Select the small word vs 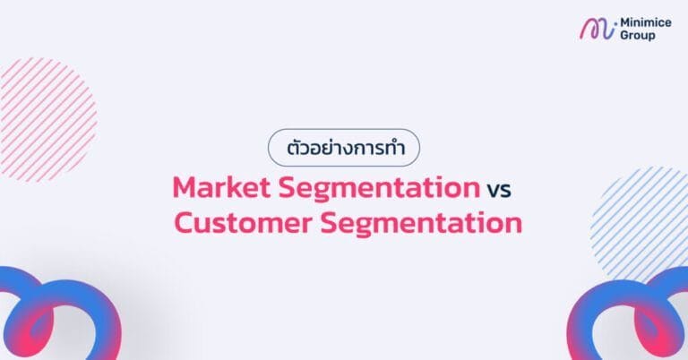499,190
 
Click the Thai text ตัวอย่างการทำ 344,147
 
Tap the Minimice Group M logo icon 597,29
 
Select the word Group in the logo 638,36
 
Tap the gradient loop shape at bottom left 54,318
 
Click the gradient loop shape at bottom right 632,318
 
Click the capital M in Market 185,188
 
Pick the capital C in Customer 185,222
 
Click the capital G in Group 624,36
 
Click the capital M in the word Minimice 625,22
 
